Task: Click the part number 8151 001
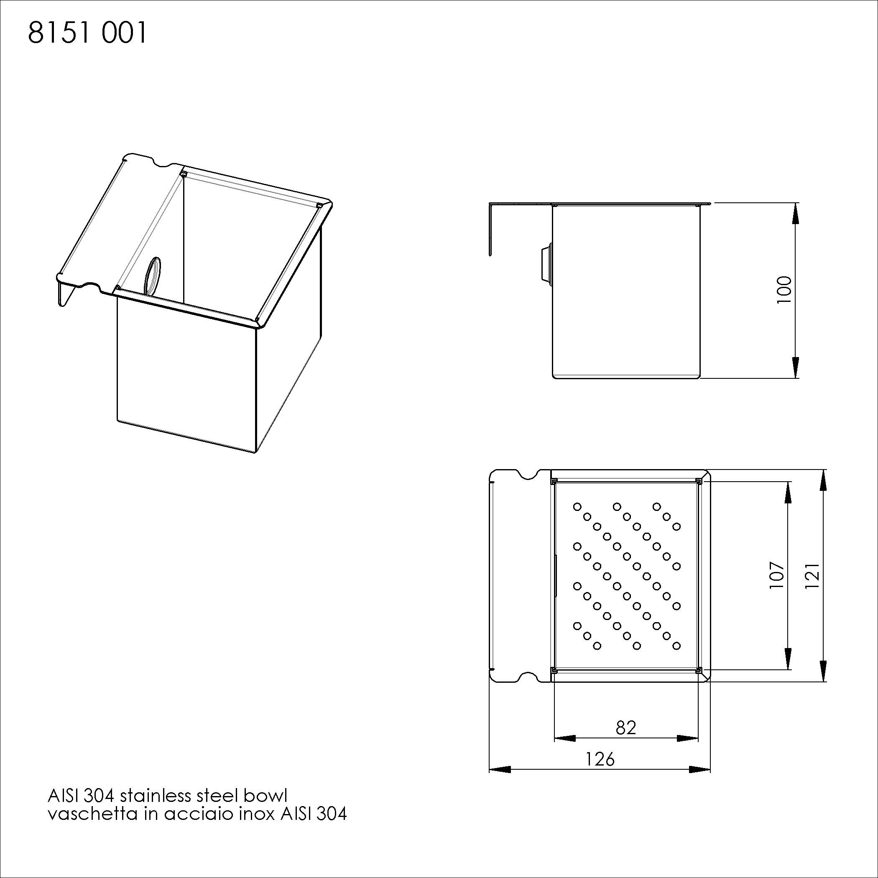(x=88, y=33)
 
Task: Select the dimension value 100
(x=784, y=290)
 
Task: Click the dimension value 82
(x=626, y=727)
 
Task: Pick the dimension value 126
(x=600, y=759)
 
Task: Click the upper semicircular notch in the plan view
(x=527, y=475)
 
